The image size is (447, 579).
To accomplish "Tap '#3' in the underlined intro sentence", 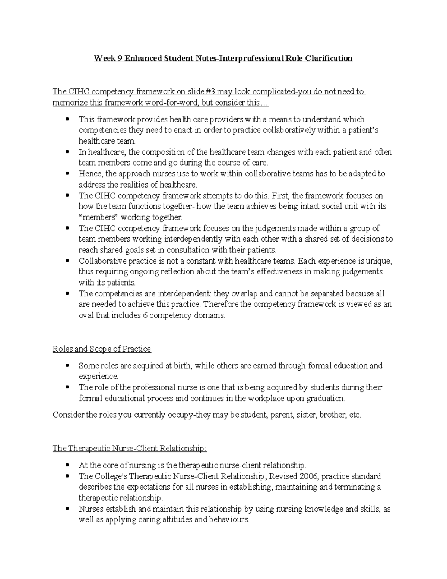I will point(210,92).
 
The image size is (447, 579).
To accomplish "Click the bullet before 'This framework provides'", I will point(67,119).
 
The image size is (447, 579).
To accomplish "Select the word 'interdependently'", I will point(191,239).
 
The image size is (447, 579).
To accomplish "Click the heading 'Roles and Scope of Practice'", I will point(102,349).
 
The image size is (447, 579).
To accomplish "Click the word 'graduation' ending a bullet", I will point(326,398).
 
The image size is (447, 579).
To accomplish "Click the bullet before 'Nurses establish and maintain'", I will point(67,509).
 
